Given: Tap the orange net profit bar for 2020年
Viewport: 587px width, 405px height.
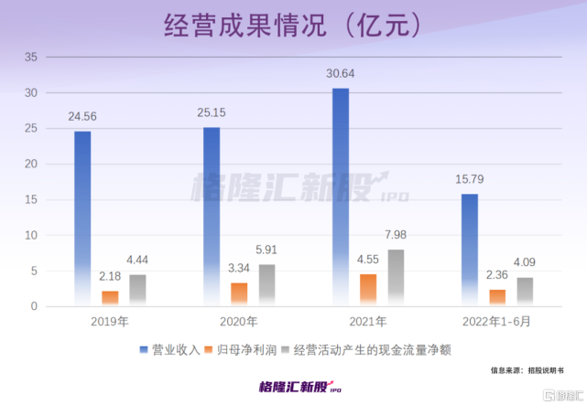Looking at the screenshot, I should pos(239,293).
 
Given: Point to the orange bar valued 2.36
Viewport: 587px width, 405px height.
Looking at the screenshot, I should pos(497,297).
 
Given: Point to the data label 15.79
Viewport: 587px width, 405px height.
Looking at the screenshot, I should pos(470,180).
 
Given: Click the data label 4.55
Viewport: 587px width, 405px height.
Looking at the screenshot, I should pos(368,260).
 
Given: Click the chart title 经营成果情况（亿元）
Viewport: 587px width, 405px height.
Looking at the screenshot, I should pos(293,24).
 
